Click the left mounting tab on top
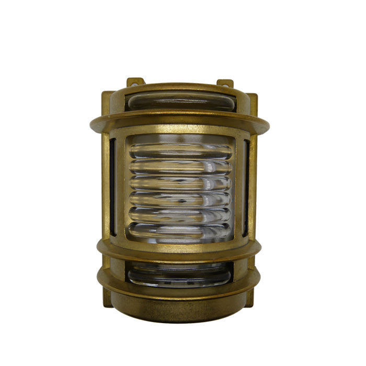pos(134,82)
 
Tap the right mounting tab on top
pos(225,83)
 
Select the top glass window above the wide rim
pos(180,101)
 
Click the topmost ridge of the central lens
pos(180,152)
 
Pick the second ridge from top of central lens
pos(180,167)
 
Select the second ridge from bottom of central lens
pos(180,214)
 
